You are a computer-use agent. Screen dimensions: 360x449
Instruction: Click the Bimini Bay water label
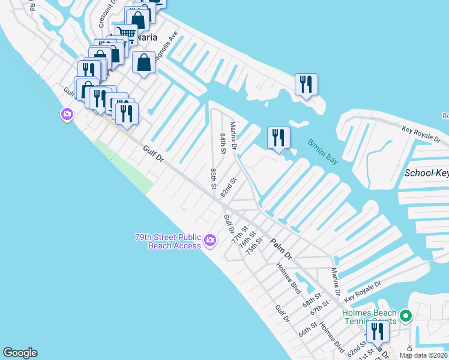(x=323, y=152)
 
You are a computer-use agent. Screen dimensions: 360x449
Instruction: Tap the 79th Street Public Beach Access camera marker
(x=209, y=241)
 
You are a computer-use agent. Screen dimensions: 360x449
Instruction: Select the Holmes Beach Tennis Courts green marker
(x=406, y=314)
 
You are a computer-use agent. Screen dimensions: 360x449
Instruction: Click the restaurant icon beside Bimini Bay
(x=279, y=138)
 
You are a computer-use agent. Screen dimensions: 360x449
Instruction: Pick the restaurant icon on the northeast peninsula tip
(x=306, y=85)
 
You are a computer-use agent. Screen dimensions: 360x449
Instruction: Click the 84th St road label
(x=223, y=143)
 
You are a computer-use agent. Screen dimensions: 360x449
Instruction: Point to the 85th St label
(x=213, y=179)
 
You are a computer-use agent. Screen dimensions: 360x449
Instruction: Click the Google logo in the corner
(x=20, y=353)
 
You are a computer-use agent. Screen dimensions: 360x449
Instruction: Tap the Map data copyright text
(x=423, y=355)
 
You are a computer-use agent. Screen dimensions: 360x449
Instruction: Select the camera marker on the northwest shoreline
(x=67, y=113)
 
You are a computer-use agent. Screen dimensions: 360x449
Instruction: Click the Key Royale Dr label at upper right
(x=424, y=133)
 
